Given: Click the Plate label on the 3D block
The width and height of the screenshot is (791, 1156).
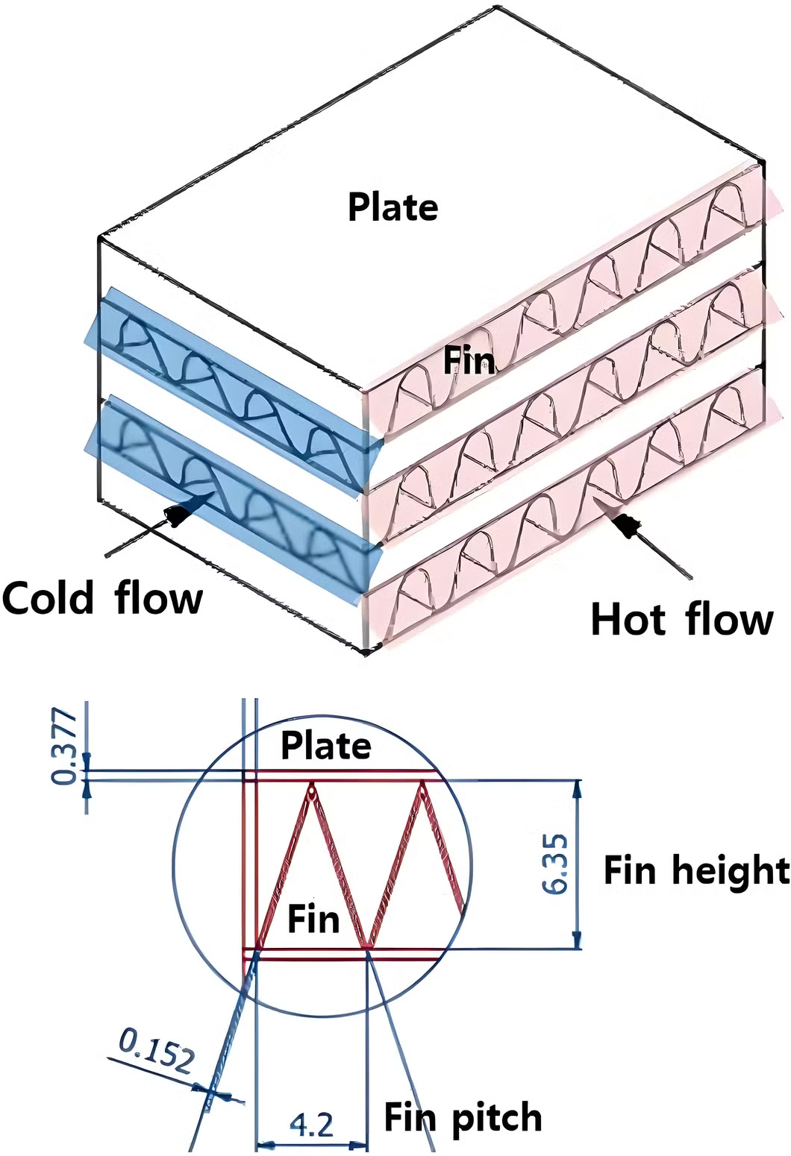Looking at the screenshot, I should (x=393, y=207).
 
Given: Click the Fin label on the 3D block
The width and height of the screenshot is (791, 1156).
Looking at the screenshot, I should (x=469, y=361).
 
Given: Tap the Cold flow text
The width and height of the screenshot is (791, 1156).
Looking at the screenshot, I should (x=102, y=598).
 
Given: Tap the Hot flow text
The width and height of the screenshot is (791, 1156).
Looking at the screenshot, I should (x=682, y=619).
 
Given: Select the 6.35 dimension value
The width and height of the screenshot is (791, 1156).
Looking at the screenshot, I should (x=556, y=864).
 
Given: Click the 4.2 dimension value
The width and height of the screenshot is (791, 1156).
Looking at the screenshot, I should (x=311, y=1124).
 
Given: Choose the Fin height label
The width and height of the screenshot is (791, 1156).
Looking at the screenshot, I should (x=696, y=870).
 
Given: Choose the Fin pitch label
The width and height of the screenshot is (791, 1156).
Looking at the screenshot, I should (x=463, y=1117).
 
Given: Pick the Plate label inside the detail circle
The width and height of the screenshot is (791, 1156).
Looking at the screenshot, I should (x=325, y=746).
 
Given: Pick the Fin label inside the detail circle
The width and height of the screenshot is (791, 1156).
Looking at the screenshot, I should (x=313, y=918).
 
